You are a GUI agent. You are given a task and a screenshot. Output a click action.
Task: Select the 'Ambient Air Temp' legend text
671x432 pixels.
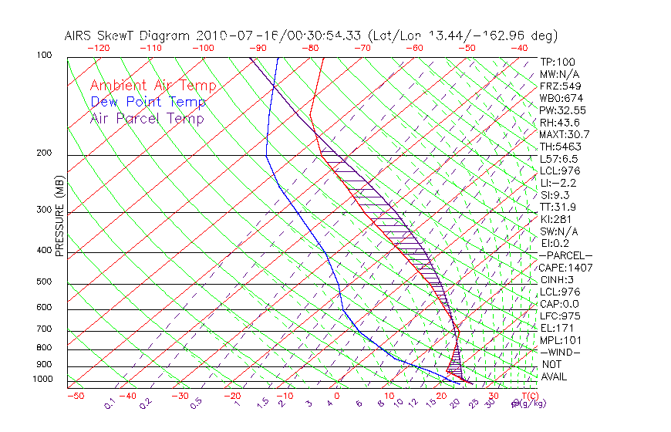click(153, 86)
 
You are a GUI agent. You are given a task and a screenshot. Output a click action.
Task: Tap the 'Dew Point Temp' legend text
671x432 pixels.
click(148, 102)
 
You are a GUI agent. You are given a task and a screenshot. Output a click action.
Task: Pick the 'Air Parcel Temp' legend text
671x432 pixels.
click(147, 118)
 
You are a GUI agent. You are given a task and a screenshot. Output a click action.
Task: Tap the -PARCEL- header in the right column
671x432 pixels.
click(565, 255)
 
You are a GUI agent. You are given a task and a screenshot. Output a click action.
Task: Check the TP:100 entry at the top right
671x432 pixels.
click(558, 62)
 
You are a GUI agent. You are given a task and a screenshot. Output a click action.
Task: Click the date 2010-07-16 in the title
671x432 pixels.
click(234, 35)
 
